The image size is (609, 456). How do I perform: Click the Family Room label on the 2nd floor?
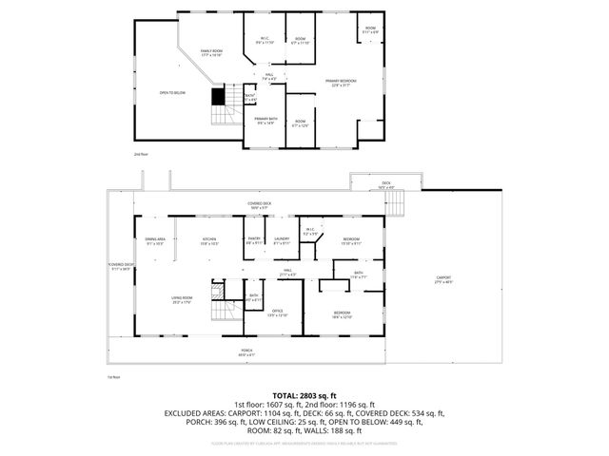tap(211, 53)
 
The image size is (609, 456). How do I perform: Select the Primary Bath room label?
tap(265, 120)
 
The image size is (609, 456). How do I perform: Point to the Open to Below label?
tap(172, 93)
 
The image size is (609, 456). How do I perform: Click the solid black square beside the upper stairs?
tap(218, 96)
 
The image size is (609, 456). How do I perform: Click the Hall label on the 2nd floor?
tap(269, 76)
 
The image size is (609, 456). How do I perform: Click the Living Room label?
tap(183, 301)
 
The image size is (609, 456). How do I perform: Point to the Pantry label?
tap(255, 240)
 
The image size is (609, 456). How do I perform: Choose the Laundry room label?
tap(282, 240)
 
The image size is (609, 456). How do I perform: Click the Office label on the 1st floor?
tap(277, 313)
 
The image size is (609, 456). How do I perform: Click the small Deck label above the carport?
tap(386, 185)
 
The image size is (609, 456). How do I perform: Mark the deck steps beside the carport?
tap(400, 202)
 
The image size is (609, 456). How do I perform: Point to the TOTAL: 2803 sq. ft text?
tap(304, 394)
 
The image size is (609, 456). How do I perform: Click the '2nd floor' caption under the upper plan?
tap(141, 153)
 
